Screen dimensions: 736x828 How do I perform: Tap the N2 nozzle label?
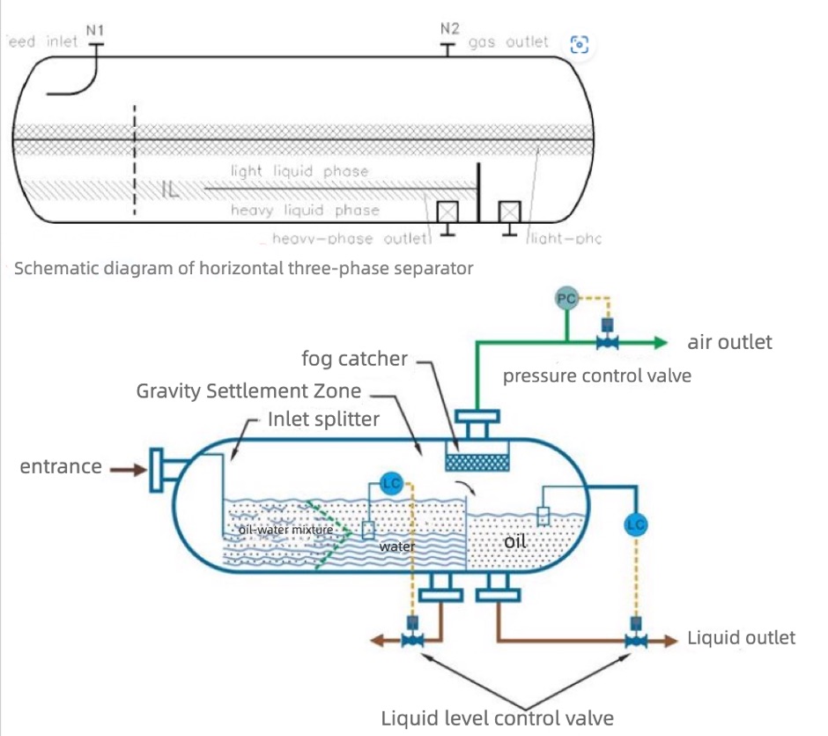pyautogui.click(x=449, y=29)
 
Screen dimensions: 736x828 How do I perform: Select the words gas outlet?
pyautogui.click(x=508, y=42)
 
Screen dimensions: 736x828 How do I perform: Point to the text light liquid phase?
pyautogui.click(x=299, y=171)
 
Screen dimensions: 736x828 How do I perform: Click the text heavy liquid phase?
pyautogui.click(x=305, y=211)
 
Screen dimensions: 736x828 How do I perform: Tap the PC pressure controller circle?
pyautogui.click(x=566, y=299)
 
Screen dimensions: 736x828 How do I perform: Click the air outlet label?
pyautogui.click(x=729, y=342)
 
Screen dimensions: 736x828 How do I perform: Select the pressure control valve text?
pyautogui.click(x=596, y=376)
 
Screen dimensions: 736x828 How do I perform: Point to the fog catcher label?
pyautogui.click(x=355, y=359)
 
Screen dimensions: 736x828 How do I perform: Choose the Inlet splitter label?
pyautogui.click(x=322, y=419)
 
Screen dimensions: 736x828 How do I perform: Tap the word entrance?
pyautogui.click(x=61, y=466)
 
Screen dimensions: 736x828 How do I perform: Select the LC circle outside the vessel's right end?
pyautogui.click(x=634, y=524)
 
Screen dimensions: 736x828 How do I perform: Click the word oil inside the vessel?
pyautogui.click(x=515, y=542)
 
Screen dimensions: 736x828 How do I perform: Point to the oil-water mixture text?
pyautogui.click(x=286, y=530)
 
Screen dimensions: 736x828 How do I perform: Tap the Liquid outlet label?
pyautogui.click(x=741, y=637)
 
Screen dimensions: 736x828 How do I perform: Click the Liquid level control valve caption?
pyautogui.click(x=497, y=717)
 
